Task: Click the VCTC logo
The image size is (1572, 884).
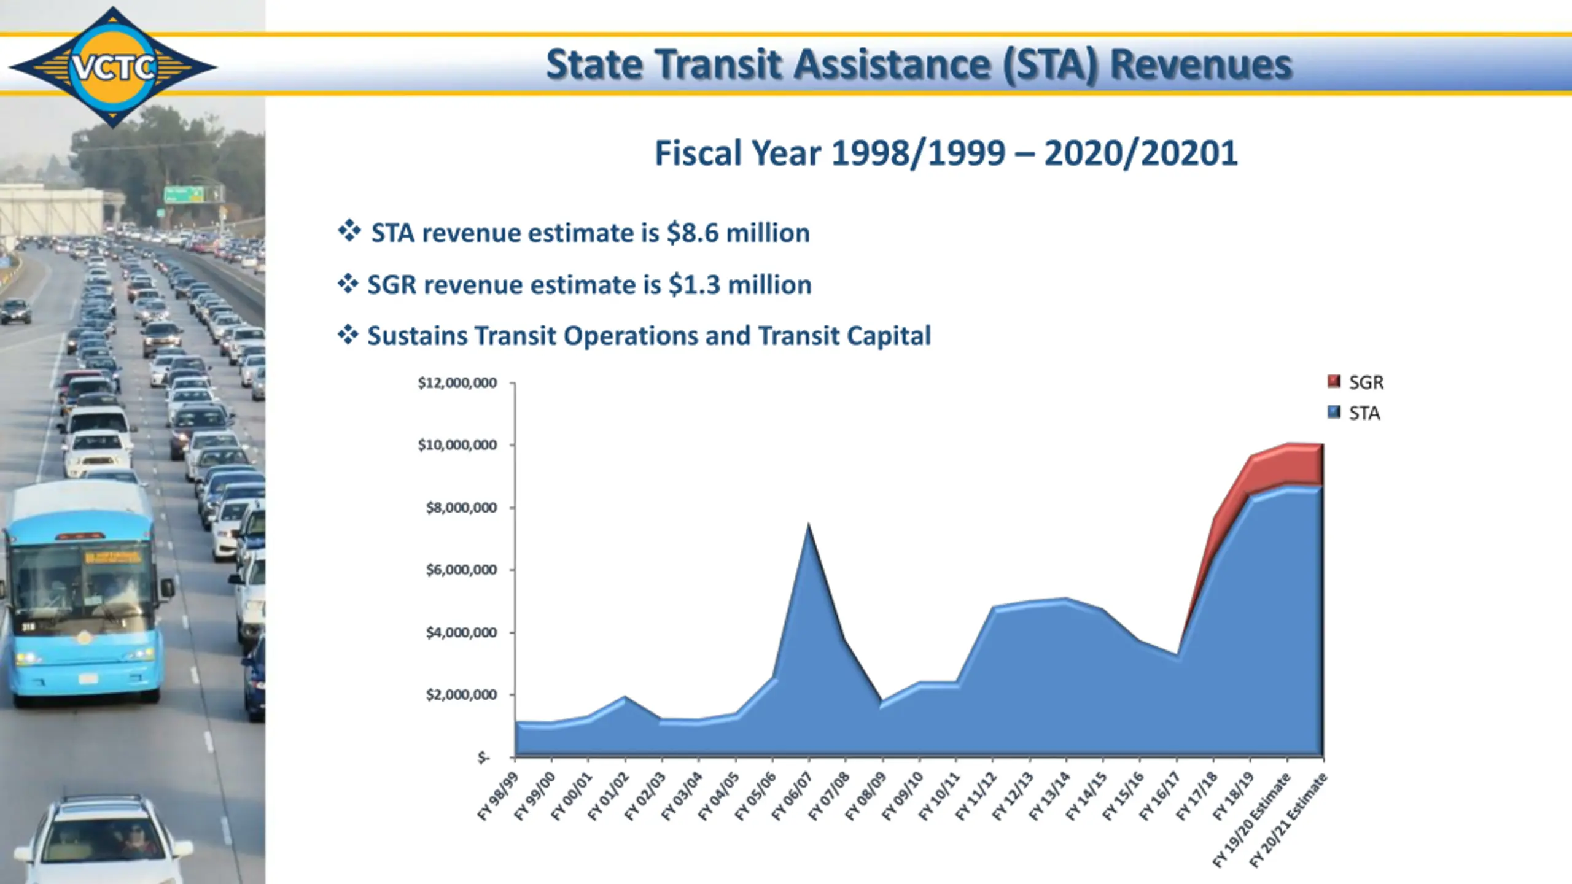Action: click(113, 66)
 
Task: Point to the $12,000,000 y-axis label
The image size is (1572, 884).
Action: click(457, 383)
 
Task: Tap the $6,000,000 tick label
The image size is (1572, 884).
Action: click(461, 570)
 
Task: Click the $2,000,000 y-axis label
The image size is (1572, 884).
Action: click(461, 695)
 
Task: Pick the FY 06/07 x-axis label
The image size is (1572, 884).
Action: click(793, 796)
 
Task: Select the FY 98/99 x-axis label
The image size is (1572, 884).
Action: click(498, 796)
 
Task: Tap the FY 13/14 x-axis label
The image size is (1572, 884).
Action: click(1050, 796)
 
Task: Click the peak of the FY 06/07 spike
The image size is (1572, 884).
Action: click(809, 525)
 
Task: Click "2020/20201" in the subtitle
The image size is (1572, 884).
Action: click(1140, 153)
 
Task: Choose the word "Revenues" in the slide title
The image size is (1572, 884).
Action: click(1200, 64)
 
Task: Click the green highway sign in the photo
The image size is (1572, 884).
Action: click(184, 195)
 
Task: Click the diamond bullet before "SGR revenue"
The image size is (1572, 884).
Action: click(348, 284)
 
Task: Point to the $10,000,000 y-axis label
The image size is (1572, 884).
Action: click(457, 445)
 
